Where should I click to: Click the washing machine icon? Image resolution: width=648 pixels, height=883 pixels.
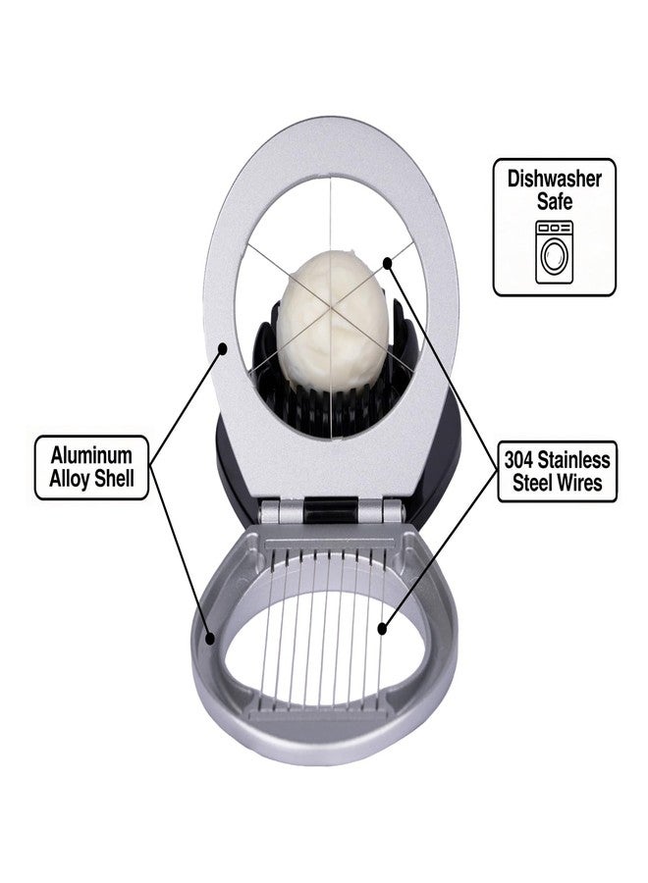pyautogui.click(x=555, y=252)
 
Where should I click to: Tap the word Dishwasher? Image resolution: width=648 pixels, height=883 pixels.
pyautogui.click(x=555, y=179)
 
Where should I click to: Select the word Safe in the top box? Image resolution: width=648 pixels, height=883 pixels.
pyautogui.click(x=555, y=201)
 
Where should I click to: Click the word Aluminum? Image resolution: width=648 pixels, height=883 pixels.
pyautogui.click(x=91, y=455)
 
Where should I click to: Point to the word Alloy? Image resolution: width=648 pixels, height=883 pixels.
pyautogui.click(x=70, y=479)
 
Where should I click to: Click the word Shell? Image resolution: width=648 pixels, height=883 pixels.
pyautogui.click(x=115, y=479)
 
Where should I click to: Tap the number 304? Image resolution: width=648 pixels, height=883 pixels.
pyautogui.click(x=518, y=460)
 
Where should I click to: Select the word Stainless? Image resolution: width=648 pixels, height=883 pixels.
pyautogui.click(x=573, y=460)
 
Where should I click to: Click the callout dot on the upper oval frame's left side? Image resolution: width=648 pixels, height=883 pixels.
pyautogui.click(x=223, y=348)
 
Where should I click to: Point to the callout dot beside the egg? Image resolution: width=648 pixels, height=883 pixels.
pyautogui.click(x=387, y=262)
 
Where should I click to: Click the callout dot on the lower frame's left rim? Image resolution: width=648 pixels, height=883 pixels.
pyautogui.click(x=211, y=639)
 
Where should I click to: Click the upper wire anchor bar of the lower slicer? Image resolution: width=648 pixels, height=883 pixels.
pyautogui.click(x=335, y=545)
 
